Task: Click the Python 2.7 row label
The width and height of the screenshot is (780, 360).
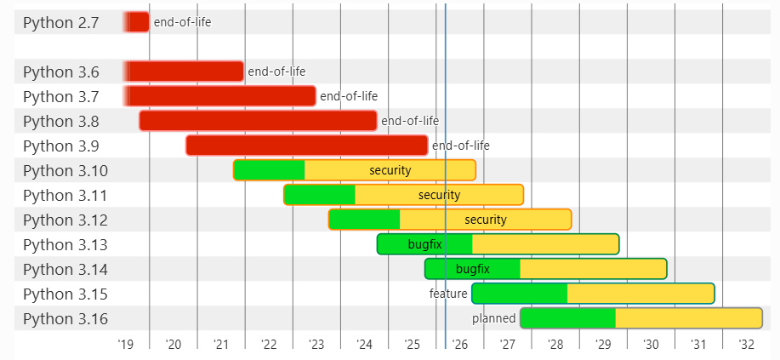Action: coord(60,23)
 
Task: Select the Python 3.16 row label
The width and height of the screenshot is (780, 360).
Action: coord(65,319)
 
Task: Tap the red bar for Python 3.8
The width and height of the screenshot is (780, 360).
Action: coord(258,121)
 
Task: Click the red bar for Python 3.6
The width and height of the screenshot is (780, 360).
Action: coord(185,71)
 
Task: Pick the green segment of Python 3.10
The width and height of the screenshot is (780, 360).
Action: coord(269,170)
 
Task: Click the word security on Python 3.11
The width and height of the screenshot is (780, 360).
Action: coord(439,195)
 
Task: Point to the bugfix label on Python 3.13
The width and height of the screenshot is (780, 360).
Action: coord(424,244)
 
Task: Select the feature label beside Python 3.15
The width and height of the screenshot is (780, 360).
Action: coord(448,294)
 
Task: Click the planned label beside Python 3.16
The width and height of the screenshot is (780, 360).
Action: coord(494,318)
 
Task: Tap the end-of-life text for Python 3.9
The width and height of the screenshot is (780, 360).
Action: coord(461,146)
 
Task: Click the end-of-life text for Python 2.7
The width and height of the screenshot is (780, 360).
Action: coord(182,22)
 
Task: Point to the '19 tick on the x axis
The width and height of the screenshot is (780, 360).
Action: coord(125,345)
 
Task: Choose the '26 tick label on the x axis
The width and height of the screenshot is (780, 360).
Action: coord(460,345)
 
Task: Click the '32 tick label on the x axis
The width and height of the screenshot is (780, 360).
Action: coord(746,345)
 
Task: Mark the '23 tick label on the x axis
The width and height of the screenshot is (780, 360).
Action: coord(316,345)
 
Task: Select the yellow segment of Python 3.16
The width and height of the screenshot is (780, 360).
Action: coord(688,318)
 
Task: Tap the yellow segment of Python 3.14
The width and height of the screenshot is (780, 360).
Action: coord(592,269)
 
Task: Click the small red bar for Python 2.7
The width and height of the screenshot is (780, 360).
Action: coord(137,22)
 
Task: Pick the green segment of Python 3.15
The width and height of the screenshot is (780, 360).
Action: coord(520,294)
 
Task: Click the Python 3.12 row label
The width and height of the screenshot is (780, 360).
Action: coord(65,220)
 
